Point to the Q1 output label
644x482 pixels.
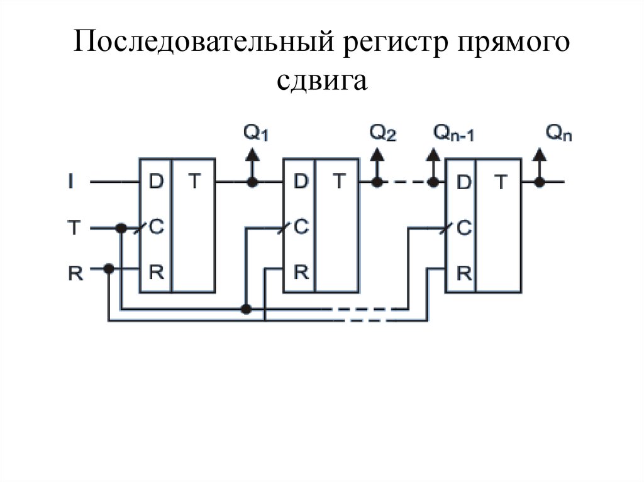[x=255, y=133]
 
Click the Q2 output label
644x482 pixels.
[x=382, y=133]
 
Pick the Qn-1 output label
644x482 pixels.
[x=453, y=133]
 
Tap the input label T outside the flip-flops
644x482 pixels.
[x=74, y=227]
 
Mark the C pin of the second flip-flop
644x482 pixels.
[x=301, y=227]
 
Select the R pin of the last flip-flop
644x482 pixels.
[x=464, y=273]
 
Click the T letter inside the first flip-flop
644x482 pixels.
[x=195, y=182]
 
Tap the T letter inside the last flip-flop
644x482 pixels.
[x=501, y=182]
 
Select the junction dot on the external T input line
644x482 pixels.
[x=120, y=227]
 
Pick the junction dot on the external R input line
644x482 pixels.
[x=109, y=268]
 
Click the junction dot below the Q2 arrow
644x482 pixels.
[x=377, y=182]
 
